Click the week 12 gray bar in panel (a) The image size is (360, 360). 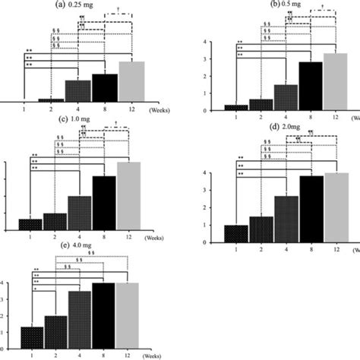[x=131, y=82]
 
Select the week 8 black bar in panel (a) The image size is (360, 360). [x=105, y=88]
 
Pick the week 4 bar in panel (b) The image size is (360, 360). [x=285, y=97]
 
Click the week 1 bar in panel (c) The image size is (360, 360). [x=30, y=223]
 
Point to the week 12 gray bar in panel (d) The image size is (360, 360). [x=335, y=207]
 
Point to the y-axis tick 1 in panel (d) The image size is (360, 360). [x=201, y=225]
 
